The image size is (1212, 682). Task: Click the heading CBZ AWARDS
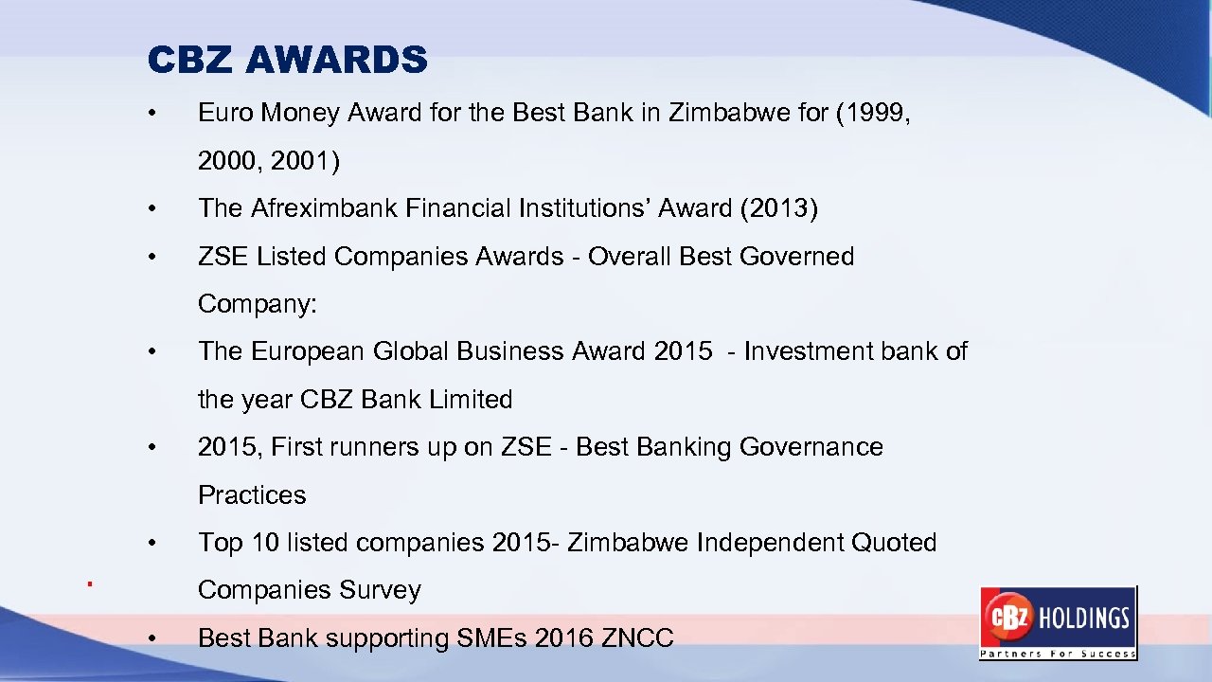tap(288, 61)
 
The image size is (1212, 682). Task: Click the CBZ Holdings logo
tap(1058, 622)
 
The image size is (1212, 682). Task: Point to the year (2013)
tap(778, 208)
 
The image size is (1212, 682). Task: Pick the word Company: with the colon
tap(258, 305)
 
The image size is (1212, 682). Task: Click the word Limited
tap(470, 400)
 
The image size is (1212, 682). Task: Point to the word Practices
tap(252, 495)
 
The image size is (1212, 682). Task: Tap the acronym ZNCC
tap(637, 638)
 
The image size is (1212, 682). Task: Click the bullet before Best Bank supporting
tap(151, 639)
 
